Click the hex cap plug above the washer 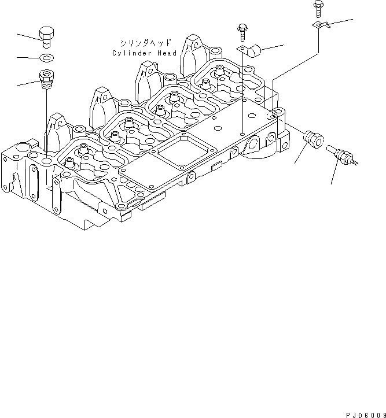click(x=47, y=35)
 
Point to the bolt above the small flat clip click(x=318, y=9)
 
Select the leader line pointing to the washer click(x=28, y=57)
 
